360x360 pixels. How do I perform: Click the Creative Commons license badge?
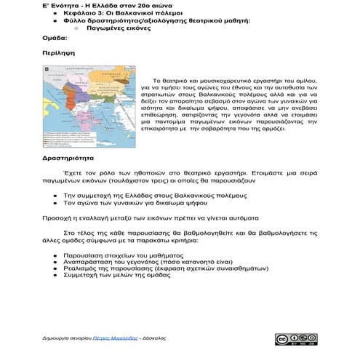[295, 340]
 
